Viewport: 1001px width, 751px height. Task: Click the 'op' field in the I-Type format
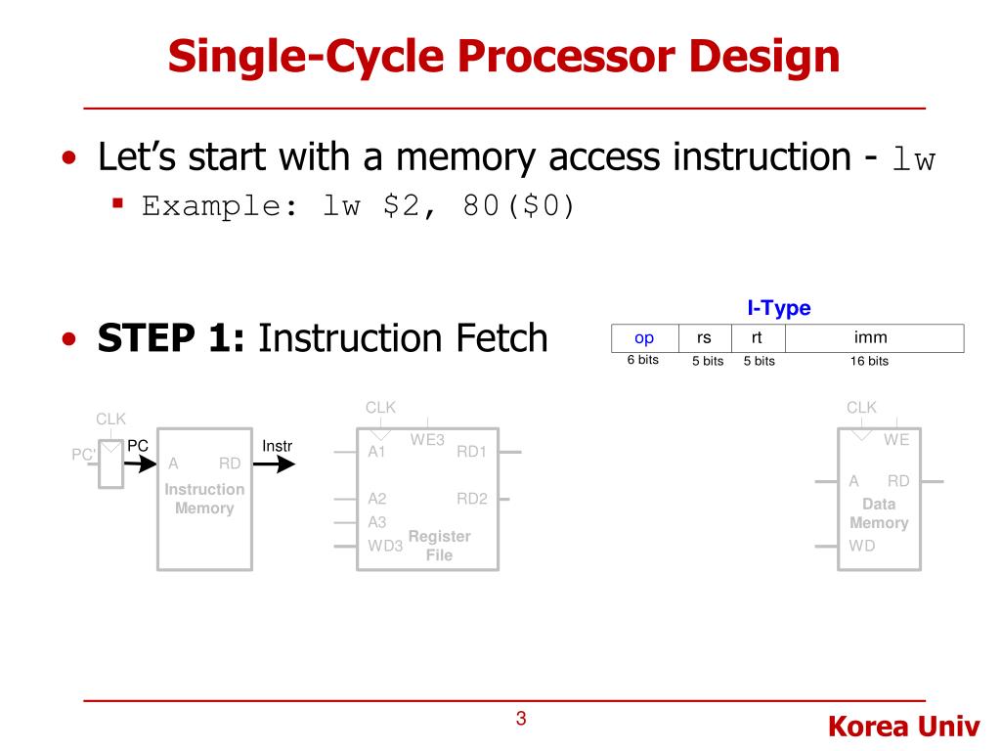[x=644, y=338]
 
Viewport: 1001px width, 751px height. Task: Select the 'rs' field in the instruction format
[x=704, y=338]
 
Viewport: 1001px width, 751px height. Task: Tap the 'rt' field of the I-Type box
[x=757, y=338]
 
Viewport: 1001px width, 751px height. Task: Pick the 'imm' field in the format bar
[x=870, y=338]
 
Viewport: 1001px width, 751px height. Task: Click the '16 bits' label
[x=869, y=361]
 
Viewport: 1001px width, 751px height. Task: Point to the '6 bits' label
[x=643, y=360]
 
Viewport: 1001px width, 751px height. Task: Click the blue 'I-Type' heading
[x=779, y=308]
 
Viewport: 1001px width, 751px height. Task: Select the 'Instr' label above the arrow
[x=278, y=447]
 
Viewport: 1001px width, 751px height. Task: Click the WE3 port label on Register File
[x=427, y=440]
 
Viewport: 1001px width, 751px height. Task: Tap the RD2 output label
[x=472, y=499]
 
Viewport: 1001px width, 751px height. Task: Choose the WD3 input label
[x=385, y=546]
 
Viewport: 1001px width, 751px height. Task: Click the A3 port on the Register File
[x=377, y=522]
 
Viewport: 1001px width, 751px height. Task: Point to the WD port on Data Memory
[x=862, y=546]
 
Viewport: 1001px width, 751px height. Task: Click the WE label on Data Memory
[x=896, y=440]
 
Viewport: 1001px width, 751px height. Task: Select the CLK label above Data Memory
[x=861, y=407]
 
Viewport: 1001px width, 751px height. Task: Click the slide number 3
[x=521, y=720]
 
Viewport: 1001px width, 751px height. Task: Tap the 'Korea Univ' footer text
[x=903, y=727]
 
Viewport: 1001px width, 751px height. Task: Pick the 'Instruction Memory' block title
[x=204, y=499]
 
